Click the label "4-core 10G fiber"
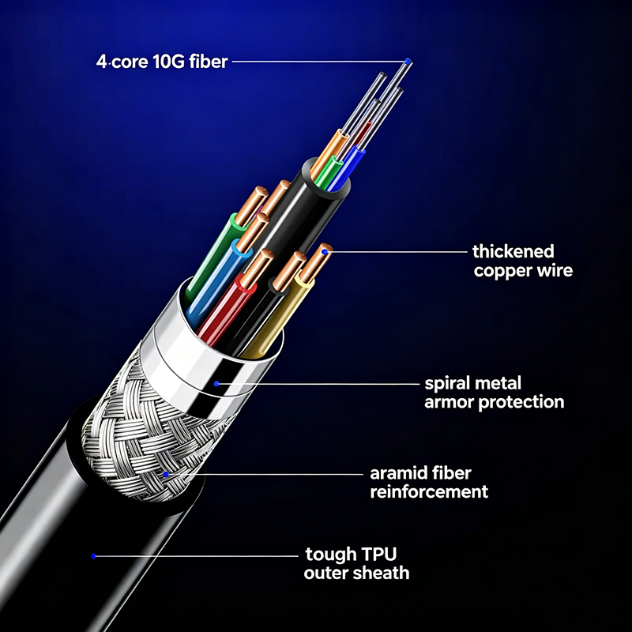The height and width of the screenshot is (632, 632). pyautogui.click(x=162, y=62)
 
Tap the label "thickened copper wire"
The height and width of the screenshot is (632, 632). pyautogui.click(x=523, y=261)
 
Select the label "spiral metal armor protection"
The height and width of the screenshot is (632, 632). pyautogui.click(x=495, y=392)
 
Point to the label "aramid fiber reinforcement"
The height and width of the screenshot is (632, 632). pyautogui.click(x=429, y=482)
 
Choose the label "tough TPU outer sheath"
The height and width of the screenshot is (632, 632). pyautogui.click(x=357, y=563)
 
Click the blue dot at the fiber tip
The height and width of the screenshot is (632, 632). pyautogui.click(x=408, y=62)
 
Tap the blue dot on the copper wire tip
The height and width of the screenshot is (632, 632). pyautogui.click(x=325, y=252)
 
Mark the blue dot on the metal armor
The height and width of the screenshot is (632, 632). pyautogui.click(x=216, y=383)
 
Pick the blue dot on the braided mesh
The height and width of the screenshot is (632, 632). pyautogui.click(x=166, y=474)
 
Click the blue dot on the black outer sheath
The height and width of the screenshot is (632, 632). pyautogui.click(x=93, y=556)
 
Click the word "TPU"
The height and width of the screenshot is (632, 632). pyautogui.click(x=379, y=555)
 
